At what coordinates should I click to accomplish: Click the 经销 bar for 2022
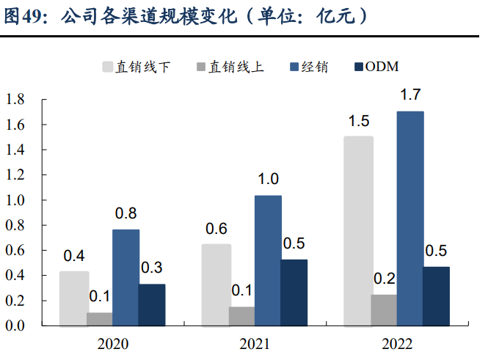click(410, 218)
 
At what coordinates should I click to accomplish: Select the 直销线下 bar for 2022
click(359, 230)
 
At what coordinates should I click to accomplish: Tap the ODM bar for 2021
click(294, 292)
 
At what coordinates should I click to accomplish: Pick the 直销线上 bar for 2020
click(100, 318)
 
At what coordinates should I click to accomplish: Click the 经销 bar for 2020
click(125, 277)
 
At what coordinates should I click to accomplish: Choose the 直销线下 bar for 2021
click(216, 284)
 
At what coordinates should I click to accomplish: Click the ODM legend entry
click(376, 67)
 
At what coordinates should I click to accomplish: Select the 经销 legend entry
click(309, 67)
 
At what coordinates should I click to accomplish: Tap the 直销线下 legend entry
click(136, 67)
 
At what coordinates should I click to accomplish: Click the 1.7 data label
click(410, 95)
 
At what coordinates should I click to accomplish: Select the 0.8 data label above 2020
click(125, 214)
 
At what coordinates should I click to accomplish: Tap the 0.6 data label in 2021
click(216, 229)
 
